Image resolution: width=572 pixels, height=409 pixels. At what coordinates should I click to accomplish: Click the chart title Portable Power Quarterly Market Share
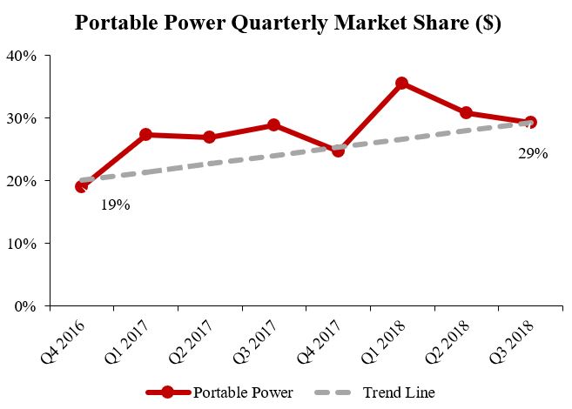click(x=286, y=23)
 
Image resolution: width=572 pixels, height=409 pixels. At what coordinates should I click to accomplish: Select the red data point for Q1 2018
click(x=401, y=84)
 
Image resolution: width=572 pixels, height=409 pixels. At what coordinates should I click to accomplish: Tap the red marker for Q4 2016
click(x=81, y=186)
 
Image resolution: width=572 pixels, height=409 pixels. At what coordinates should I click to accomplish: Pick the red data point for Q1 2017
click(x=145, y=135)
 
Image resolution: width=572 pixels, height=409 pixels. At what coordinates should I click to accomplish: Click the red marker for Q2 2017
click(x=210, y=137)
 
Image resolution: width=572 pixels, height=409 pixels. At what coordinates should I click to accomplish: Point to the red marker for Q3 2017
click(x=273, y=125)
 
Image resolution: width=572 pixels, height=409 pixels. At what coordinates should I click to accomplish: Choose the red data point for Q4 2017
click(x=338, y=150)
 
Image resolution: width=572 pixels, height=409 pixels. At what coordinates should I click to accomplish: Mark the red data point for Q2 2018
click(x=466, y=113)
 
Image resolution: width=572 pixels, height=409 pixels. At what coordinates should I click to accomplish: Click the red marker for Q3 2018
click(x=530, y=123)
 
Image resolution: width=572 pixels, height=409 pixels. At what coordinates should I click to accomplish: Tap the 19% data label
click(x=115, y=205)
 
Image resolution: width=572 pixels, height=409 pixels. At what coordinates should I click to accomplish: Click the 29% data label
click(x=533, y=154)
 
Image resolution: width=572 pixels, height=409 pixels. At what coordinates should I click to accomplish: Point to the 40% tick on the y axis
click(x=22, y=56)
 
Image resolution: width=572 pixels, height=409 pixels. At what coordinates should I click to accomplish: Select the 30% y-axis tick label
click(x=22, y=118)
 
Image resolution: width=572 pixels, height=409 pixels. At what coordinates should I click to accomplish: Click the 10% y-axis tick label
click(x=22, y=244)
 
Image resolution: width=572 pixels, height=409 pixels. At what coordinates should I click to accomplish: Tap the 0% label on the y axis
click(x=25, y=306)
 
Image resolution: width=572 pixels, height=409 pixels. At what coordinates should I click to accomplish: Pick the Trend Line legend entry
click(x=374, y=392)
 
